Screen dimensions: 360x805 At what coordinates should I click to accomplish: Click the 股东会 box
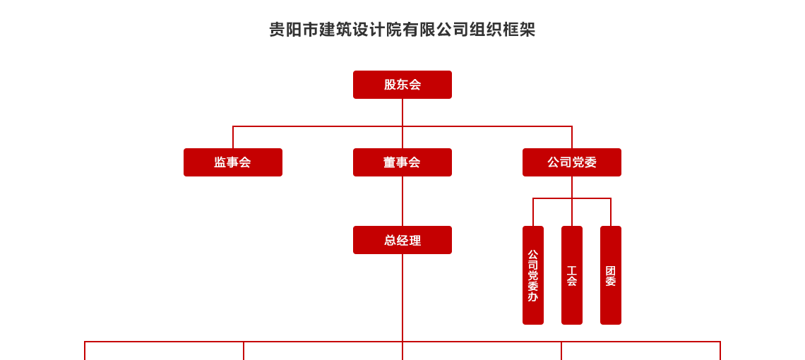tap(402, 85)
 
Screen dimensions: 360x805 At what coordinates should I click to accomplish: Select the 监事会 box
tap(233, 162)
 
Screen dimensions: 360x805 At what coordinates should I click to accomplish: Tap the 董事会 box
tap(402, 162)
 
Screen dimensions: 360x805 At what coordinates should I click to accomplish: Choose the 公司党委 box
tap(572, 162)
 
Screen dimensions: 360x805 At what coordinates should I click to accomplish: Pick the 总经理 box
tap(402, 240)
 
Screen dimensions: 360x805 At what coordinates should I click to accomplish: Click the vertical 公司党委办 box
tap(533, 275)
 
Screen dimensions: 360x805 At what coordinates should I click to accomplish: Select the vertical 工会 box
tap(572, 275)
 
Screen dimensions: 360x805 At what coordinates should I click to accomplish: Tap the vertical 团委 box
tap(611, 275)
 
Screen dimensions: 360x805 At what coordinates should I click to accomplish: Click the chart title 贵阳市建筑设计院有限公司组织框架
tap(402, 30)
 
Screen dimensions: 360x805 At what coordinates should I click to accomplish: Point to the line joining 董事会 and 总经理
tap(402, 201)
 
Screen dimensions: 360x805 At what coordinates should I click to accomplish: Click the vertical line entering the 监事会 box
tap(233, 138)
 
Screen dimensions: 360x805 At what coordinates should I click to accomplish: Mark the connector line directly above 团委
tap(611, 212)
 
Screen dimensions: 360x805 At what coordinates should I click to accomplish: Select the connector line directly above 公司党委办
tap(533, 212)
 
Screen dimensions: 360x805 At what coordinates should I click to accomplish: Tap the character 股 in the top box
tap(390, 85)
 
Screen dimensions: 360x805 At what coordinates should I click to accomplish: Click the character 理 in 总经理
tap(415, 240)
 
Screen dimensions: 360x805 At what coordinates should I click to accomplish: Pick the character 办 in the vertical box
tap(533, 297)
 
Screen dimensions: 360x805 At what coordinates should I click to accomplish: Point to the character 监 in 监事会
tap(220, 162)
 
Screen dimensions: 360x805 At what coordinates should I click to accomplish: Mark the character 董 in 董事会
tap(390, 162)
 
